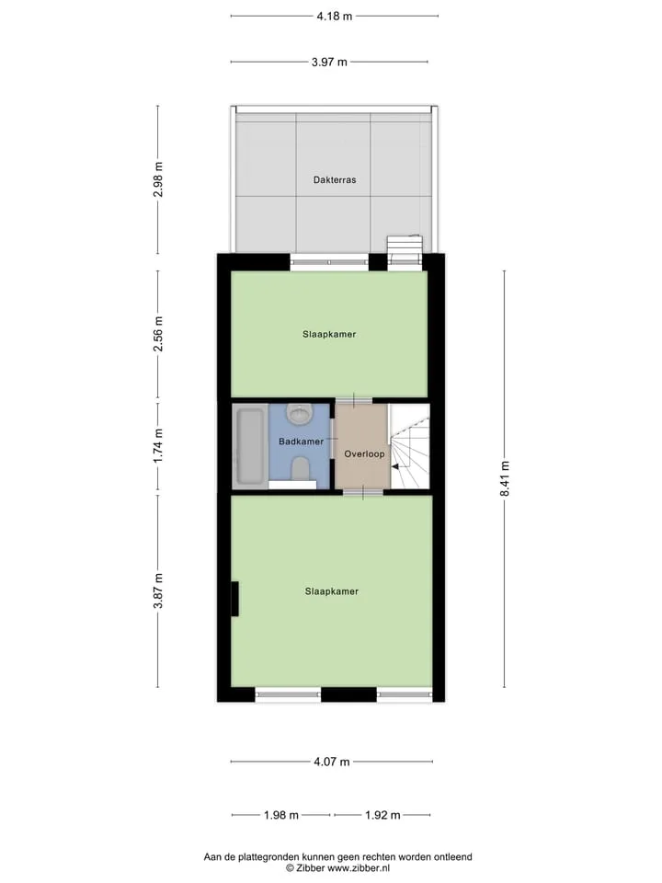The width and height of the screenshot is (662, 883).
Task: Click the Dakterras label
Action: [335, 180]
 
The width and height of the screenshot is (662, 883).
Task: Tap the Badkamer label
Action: [302, 441]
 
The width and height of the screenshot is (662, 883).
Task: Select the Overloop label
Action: [364, 453]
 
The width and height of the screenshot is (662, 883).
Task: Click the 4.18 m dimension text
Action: [335, 17]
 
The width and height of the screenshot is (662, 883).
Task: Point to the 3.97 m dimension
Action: [329, 62]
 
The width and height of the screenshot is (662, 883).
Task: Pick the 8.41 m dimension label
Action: [505, 478]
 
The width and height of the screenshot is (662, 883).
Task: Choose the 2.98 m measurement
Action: [158, 179]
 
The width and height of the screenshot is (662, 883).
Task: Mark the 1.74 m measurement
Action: [158, 446]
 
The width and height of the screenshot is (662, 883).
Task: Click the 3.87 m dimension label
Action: [158, 591]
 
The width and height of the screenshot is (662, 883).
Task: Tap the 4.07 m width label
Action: [332, 762]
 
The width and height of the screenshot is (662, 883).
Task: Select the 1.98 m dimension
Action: [281, 815]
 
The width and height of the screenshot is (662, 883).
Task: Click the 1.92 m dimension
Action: [382, 815]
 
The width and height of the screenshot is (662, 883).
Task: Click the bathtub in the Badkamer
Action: [250, 446]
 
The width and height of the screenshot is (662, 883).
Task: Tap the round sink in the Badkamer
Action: [299, 414]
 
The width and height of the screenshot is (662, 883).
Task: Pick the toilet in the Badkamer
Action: [300, 469]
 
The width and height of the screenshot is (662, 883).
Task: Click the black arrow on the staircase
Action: [395, 466]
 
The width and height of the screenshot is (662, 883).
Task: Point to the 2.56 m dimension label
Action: [158, 333]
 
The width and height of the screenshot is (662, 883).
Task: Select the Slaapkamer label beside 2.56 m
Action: [329, 335]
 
